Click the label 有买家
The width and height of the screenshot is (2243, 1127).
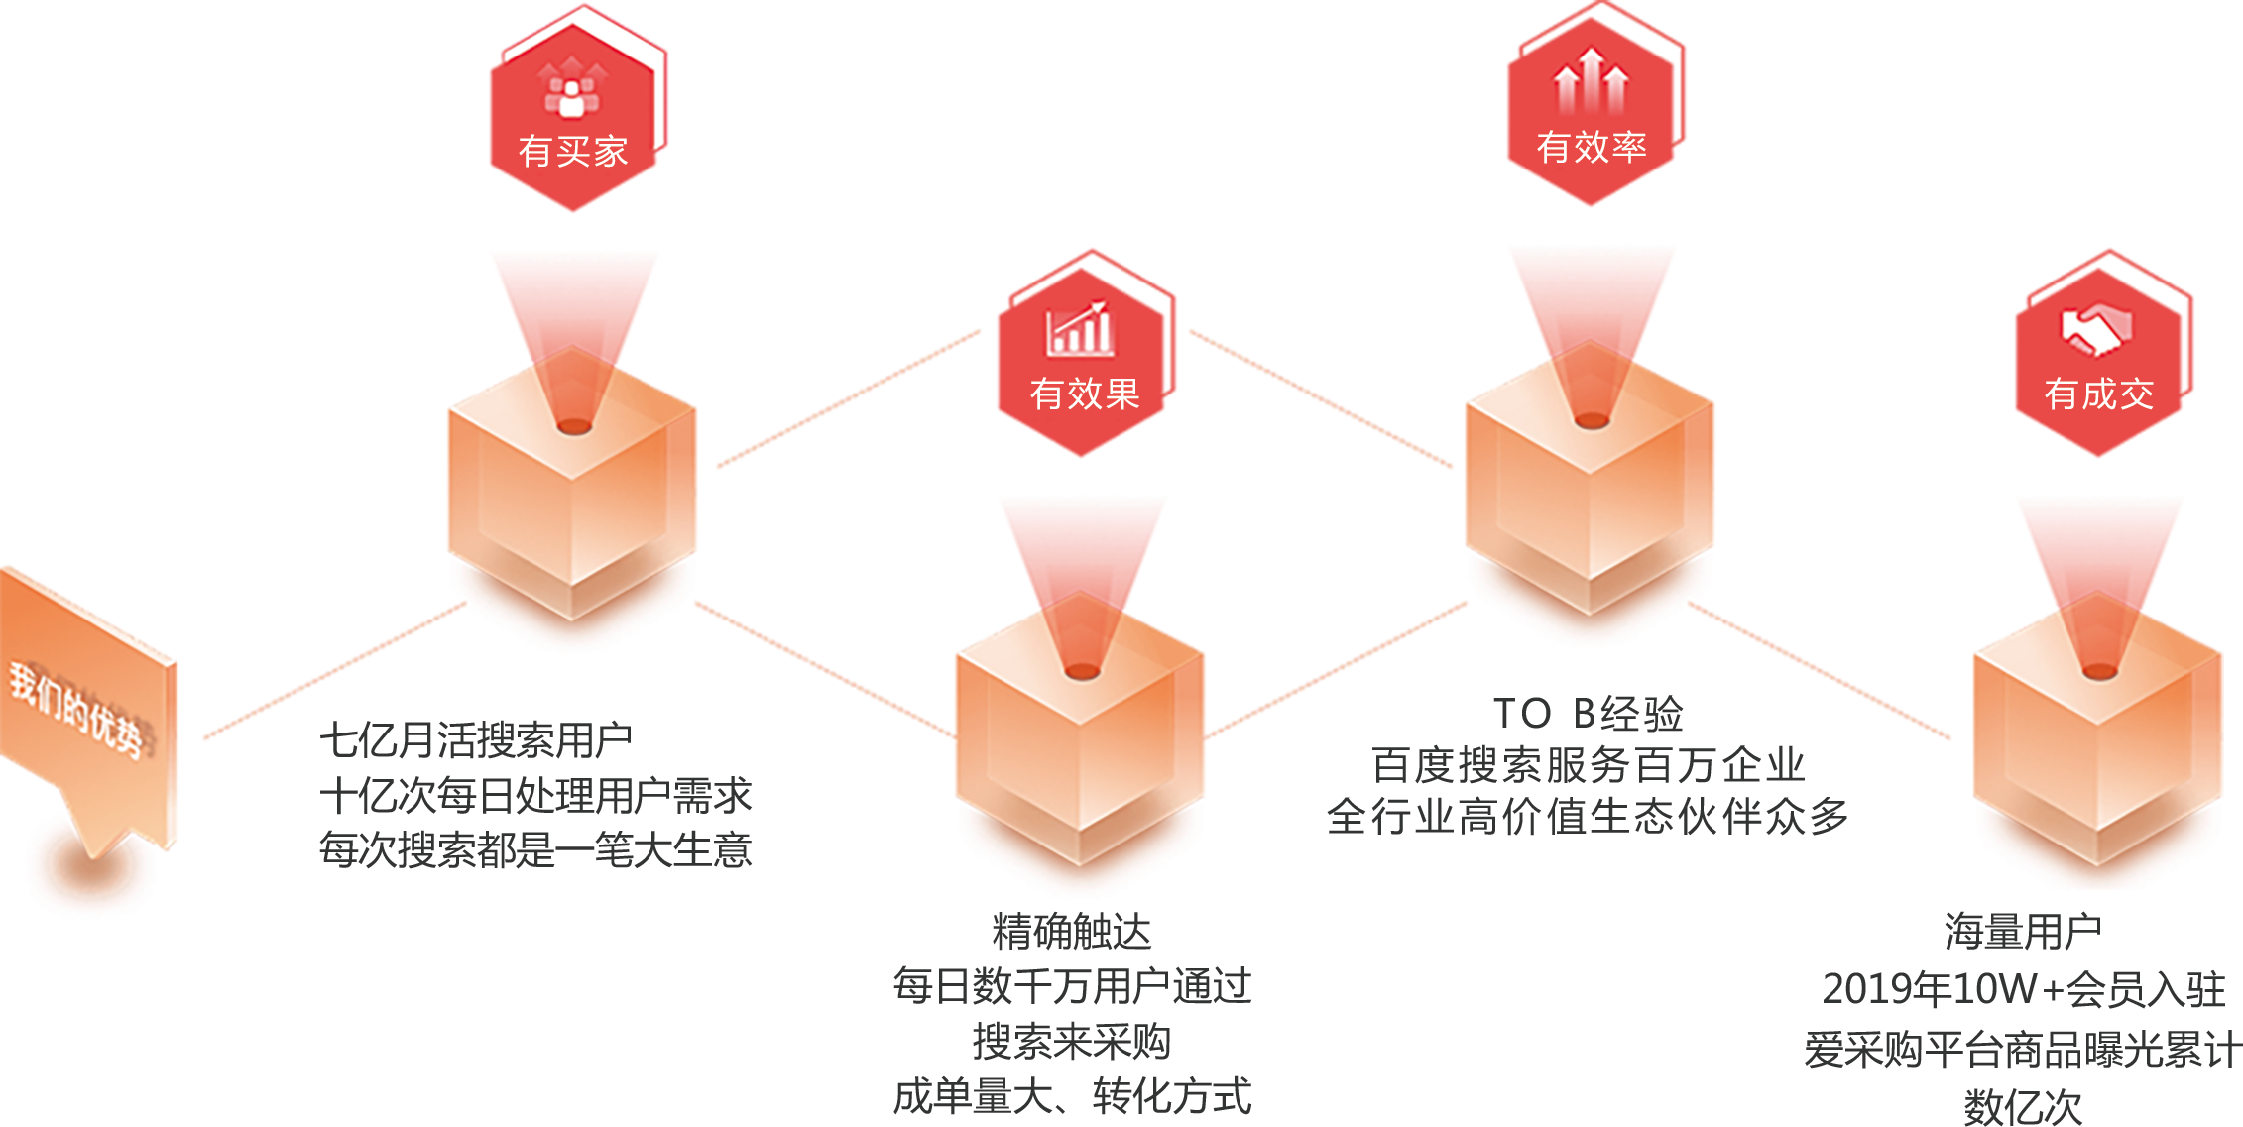tap(573, 152)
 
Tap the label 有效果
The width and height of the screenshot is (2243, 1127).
tap(1085, 394)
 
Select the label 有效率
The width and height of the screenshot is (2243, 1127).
tap(1591, 147)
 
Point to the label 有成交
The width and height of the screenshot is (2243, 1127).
tap(2098, 394)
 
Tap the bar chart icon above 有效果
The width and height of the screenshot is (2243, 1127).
tap(1080, 329)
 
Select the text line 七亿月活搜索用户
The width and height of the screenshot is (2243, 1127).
tap(475, 739)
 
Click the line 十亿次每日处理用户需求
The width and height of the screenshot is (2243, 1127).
tap(535, 795)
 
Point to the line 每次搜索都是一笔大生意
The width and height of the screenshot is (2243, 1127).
tap(535, 849)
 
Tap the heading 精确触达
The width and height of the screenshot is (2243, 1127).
tap(1072, 932)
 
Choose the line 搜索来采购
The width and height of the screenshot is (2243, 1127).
tap(1072, 1042)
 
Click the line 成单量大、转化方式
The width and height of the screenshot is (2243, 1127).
tap(1072, 1096)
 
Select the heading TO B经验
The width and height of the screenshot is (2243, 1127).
tap(1588, 714)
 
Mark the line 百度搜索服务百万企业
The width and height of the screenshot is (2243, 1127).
tap(1588, 765)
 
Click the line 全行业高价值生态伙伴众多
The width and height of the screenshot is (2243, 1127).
tap(1588, 817)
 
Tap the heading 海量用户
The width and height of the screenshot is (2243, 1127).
tap(2022, 932)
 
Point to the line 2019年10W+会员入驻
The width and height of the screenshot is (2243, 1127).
tap(2023, 989)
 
